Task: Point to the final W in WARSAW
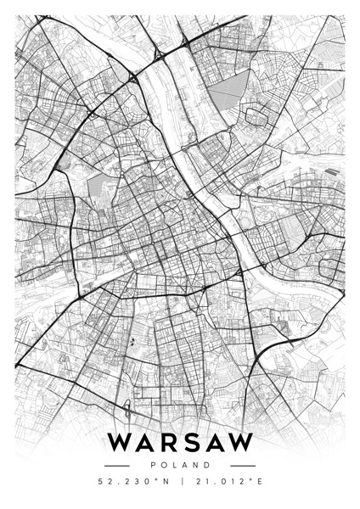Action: [x=241, y=444]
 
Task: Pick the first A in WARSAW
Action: [x=146, y=444]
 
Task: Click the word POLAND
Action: [x=180, y=466]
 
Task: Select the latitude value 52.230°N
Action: [x=134, y=484]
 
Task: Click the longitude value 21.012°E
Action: [x=225, y=484]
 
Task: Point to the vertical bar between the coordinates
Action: [x=180, y=484]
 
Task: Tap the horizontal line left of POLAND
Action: [x=115, y=466]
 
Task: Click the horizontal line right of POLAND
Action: [x=243, y=466]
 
